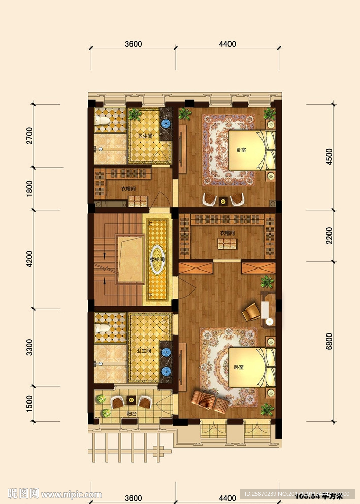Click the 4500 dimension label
click(x=329, y=158)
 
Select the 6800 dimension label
click(x=329, y=342)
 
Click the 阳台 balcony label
click(x=132, y=414)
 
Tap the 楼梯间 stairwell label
click(x=157, y=259)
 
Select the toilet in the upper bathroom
click(x=102, y=120)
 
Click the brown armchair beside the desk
click(x=250, y=311)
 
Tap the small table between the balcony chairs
click(x=132, y=399)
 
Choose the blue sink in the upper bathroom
click(x=166, y=123)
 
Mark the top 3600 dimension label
click(x=133, y=44)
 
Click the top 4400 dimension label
click(x=227, y=44)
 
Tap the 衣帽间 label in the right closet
click(x=227, y=233)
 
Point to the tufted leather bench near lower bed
click(x=210, y=401)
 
